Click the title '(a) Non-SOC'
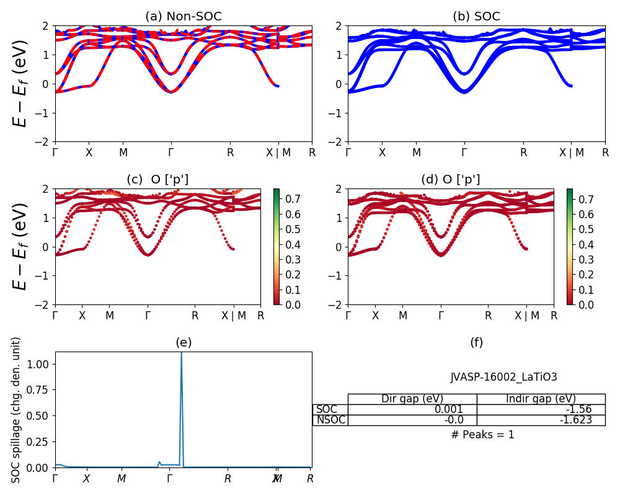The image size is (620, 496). click(184, 17)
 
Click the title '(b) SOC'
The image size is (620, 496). click(476, 17)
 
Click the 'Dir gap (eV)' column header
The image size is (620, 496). click(412, 399)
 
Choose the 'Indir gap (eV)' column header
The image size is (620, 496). click(541, 399)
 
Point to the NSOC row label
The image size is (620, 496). click(330, 420)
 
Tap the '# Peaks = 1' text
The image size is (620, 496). click(482, 435)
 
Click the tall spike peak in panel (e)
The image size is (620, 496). click(181, 353)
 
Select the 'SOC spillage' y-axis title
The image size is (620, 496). click(17, 410)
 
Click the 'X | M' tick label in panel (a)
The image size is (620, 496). click(277, 153)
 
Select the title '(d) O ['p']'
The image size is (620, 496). click(451, 180)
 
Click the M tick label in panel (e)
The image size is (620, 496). click(122, 479)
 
